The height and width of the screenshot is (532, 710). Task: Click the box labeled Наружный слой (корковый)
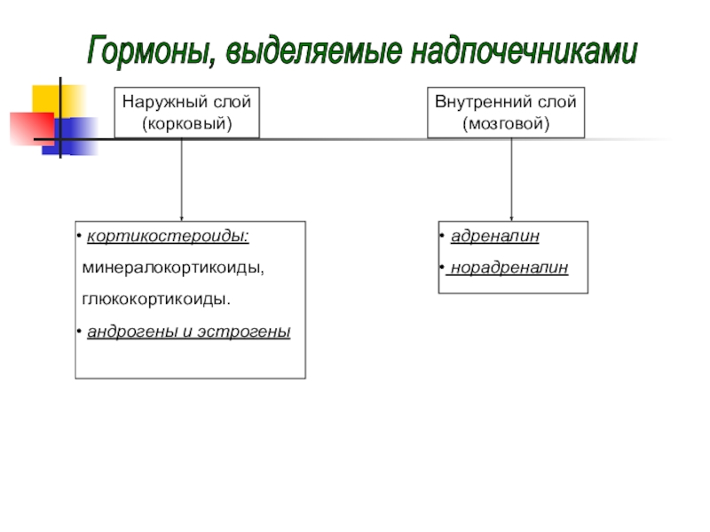click(186, 113)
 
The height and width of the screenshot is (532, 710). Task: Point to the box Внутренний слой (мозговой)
click(506, 113)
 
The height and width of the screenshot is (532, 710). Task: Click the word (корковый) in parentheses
click(186, 123)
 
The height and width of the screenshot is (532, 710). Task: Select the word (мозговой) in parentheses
click(506, 123)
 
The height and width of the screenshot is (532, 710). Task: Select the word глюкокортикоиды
click(156, 299)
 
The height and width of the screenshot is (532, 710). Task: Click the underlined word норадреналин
click(509, 267)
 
